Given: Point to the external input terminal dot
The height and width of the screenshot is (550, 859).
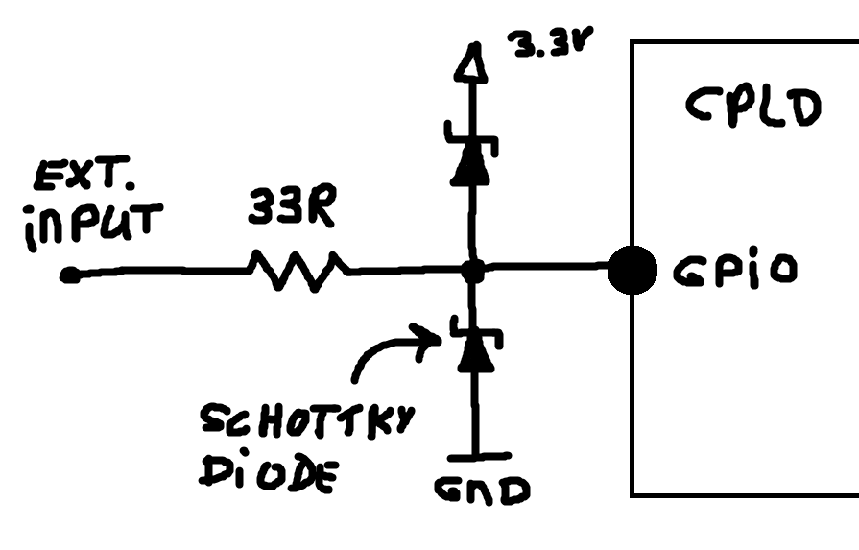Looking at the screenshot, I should pyautogui.click(x=68, y=275).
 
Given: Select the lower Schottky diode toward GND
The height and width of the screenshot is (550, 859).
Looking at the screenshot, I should pyautogui.click(x=470, y=347).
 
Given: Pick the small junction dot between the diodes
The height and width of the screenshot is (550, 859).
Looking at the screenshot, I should pyautogui.click(x=470, y=272).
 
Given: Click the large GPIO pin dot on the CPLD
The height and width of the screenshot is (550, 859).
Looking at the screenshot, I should pyautogui.click(x=632, y=272).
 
